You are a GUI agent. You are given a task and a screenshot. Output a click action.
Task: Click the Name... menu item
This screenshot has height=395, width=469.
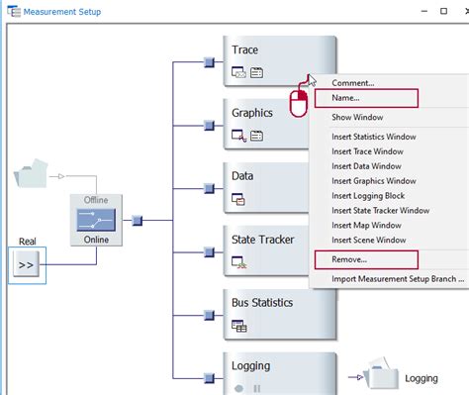345,98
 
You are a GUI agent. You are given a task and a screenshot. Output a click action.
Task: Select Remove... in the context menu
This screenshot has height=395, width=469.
349,259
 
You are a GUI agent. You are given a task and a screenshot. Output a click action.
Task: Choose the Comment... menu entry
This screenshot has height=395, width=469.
353,83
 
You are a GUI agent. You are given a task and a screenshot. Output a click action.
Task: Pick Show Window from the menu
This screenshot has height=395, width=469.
357,117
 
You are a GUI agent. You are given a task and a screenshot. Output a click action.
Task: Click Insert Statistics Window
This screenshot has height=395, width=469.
374,137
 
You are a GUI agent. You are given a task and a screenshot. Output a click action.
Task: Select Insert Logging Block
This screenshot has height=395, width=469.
368,196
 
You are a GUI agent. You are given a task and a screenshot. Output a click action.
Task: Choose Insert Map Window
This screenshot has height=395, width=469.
366,226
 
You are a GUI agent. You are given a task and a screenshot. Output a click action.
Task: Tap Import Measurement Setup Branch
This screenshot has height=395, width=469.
398,279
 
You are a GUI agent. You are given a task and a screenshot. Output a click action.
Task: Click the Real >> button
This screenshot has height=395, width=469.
26,264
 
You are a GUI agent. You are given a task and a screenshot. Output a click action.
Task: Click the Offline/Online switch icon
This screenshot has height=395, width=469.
96,220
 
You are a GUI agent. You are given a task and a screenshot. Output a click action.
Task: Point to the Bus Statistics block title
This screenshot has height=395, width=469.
262,303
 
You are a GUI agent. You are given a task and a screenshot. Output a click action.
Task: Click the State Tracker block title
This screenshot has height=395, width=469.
262,240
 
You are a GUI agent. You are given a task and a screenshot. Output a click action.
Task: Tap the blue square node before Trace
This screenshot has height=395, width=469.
209,62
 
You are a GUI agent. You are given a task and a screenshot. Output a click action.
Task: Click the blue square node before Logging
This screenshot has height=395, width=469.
209,378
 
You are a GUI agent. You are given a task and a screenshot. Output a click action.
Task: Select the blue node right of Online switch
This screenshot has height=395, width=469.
137,220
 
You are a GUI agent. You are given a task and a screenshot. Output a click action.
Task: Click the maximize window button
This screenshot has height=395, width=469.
443,11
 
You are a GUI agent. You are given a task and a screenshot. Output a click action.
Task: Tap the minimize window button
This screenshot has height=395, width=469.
424,12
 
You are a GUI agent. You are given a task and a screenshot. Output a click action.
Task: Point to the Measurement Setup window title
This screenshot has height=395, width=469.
62,12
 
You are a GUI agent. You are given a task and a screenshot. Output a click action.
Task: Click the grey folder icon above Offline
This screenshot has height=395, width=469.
31,173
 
